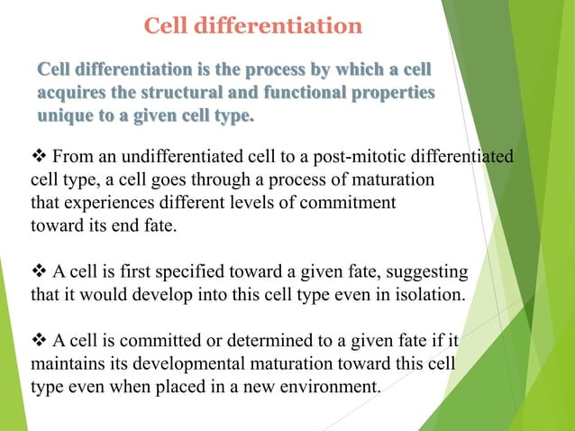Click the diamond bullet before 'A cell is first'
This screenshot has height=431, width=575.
41,271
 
